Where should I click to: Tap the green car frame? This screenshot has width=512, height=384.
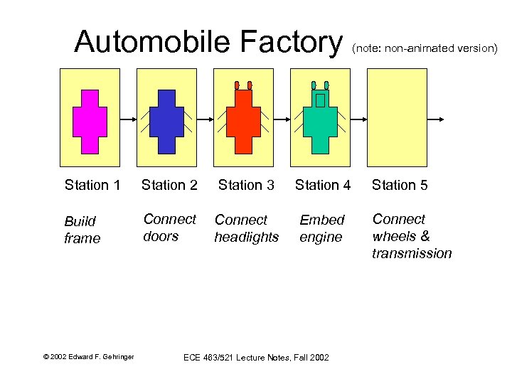[x=320, y=124]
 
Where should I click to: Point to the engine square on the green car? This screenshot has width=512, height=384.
[x=320, y=100]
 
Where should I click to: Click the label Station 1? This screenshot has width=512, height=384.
[x=92, y=186]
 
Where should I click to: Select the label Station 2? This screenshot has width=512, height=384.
[x=169, y=186]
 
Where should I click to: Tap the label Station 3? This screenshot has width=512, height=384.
[x=246, y=186]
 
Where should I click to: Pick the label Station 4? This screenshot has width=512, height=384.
[x=323, y=186]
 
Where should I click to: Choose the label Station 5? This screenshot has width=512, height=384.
[x=400, y=186]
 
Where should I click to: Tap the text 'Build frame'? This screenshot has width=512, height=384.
[x=82, y=230]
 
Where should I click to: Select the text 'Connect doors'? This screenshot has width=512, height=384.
[x=169, y=228]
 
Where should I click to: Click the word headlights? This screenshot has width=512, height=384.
[x=246, y=238]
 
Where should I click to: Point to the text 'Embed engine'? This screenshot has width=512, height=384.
[x=321, y=228]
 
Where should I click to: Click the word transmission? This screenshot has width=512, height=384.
[x=412, y=253]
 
